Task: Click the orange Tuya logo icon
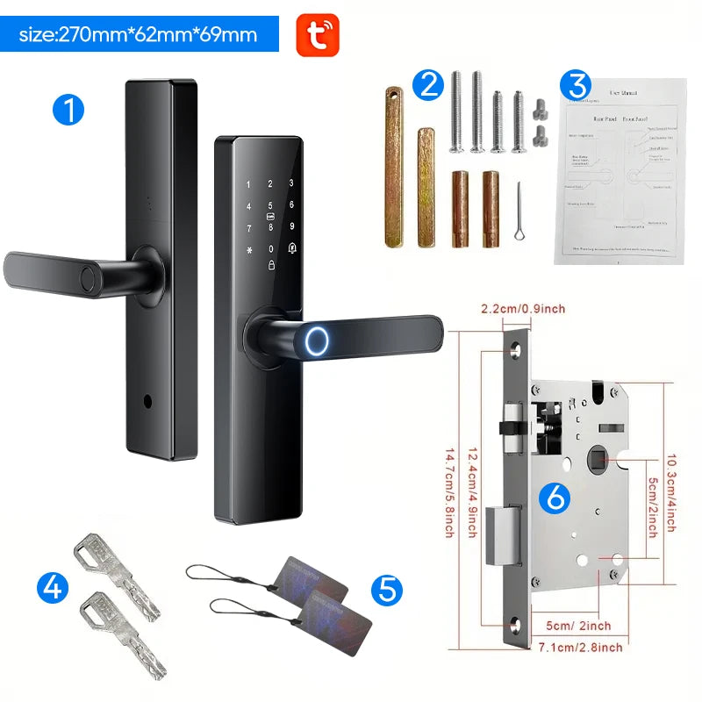[317, 35]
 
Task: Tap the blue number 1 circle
[68, 110]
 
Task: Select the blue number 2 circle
[429, 84]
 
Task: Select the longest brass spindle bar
[392, 166]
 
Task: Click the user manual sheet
[620, 168]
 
